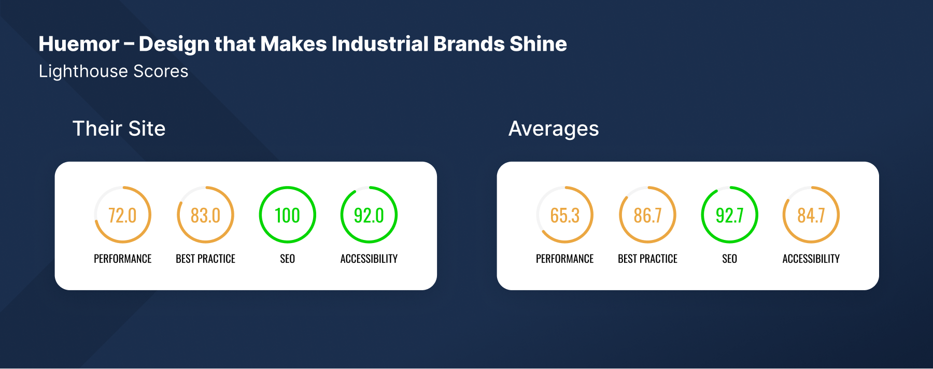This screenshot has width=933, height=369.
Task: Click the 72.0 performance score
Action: click(x=122, y=215)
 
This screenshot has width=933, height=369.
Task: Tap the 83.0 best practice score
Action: click(x=205, y=215)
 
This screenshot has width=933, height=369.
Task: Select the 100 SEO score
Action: click(x=287, y=215)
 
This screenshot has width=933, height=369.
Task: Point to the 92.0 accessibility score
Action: click(x=369, y=215)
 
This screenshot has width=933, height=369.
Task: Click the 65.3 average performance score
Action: click(x=565, y=215)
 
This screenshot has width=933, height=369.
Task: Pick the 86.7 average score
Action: click(x=648, y=215)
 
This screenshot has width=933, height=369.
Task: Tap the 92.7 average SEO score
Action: click(x=730, y=215)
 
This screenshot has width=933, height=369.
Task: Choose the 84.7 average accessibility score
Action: click(x=811, y=215)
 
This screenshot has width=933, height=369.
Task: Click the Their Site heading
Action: click(x=119, y=129)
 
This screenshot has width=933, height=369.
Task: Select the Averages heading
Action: click(x=554, y=129)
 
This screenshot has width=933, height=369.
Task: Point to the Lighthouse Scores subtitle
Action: click(x=114, y=71)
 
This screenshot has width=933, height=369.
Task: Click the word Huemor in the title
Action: click(x=79, y=44)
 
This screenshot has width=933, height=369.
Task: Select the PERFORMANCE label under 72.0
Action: click(x=123, y=259)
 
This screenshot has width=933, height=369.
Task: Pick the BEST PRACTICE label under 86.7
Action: click(x=648, y=259)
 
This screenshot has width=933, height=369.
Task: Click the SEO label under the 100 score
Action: click(x=287, y=259)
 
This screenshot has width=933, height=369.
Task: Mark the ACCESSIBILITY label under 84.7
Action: click(x=811, y=259)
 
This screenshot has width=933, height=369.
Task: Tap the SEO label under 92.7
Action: click(x=730, y=259)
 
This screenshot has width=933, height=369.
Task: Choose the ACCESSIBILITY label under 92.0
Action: click(x=369, y=259)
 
